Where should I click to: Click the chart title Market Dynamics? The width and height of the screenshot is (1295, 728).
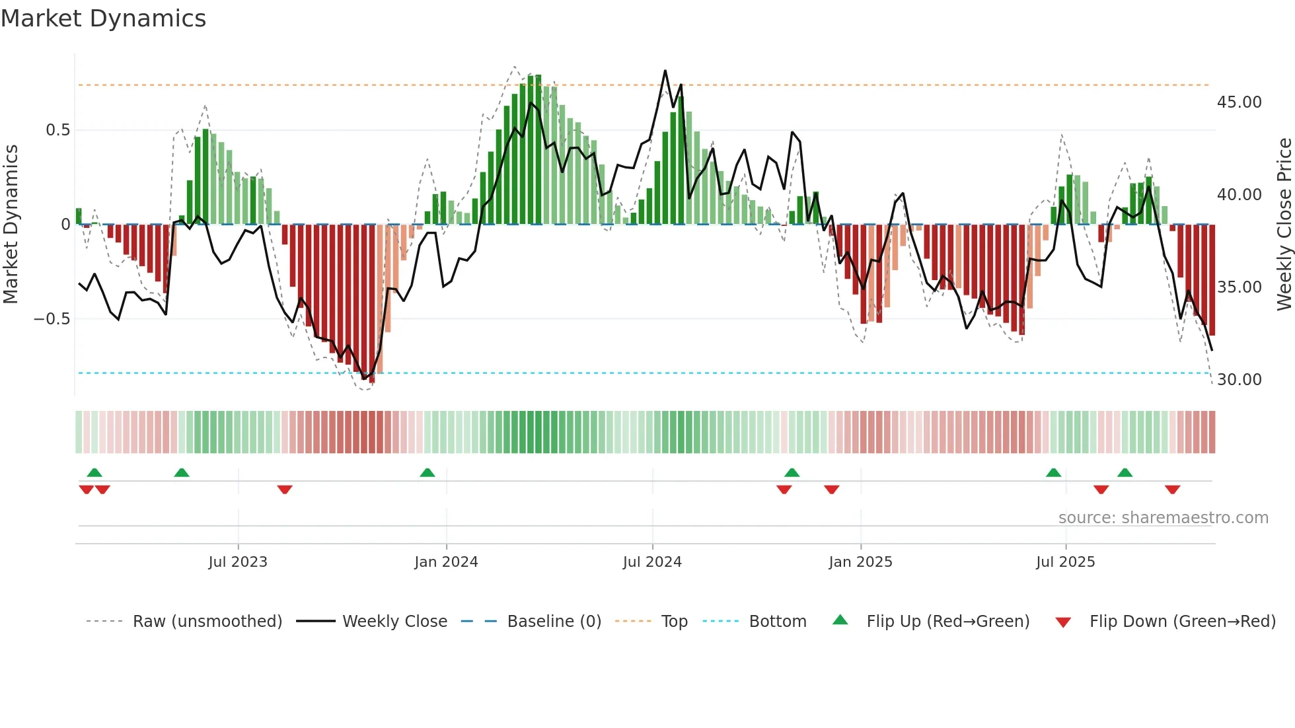103,18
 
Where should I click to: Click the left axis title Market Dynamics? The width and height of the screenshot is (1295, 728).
11,224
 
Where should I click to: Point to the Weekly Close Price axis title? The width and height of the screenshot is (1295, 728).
1284,224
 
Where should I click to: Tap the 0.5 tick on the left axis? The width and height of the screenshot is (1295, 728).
57,130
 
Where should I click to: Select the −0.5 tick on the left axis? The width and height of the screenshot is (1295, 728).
52,319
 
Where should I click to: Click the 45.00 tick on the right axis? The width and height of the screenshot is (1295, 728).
1239,102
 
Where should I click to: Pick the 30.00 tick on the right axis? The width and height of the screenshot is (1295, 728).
1239,380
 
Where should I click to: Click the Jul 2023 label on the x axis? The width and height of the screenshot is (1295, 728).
238,562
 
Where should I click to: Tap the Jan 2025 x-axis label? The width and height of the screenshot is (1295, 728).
860,562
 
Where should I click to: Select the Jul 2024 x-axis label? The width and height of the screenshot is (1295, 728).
652,562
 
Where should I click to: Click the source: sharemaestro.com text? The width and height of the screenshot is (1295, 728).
1163,518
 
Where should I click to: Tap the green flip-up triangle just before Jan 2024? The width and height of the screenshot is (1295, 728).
427,472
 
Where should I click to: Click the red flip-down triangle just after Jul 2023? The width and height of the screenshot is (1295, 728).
285,490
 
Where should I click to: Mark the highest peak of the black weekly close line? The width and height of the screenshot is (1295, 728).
665,71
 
